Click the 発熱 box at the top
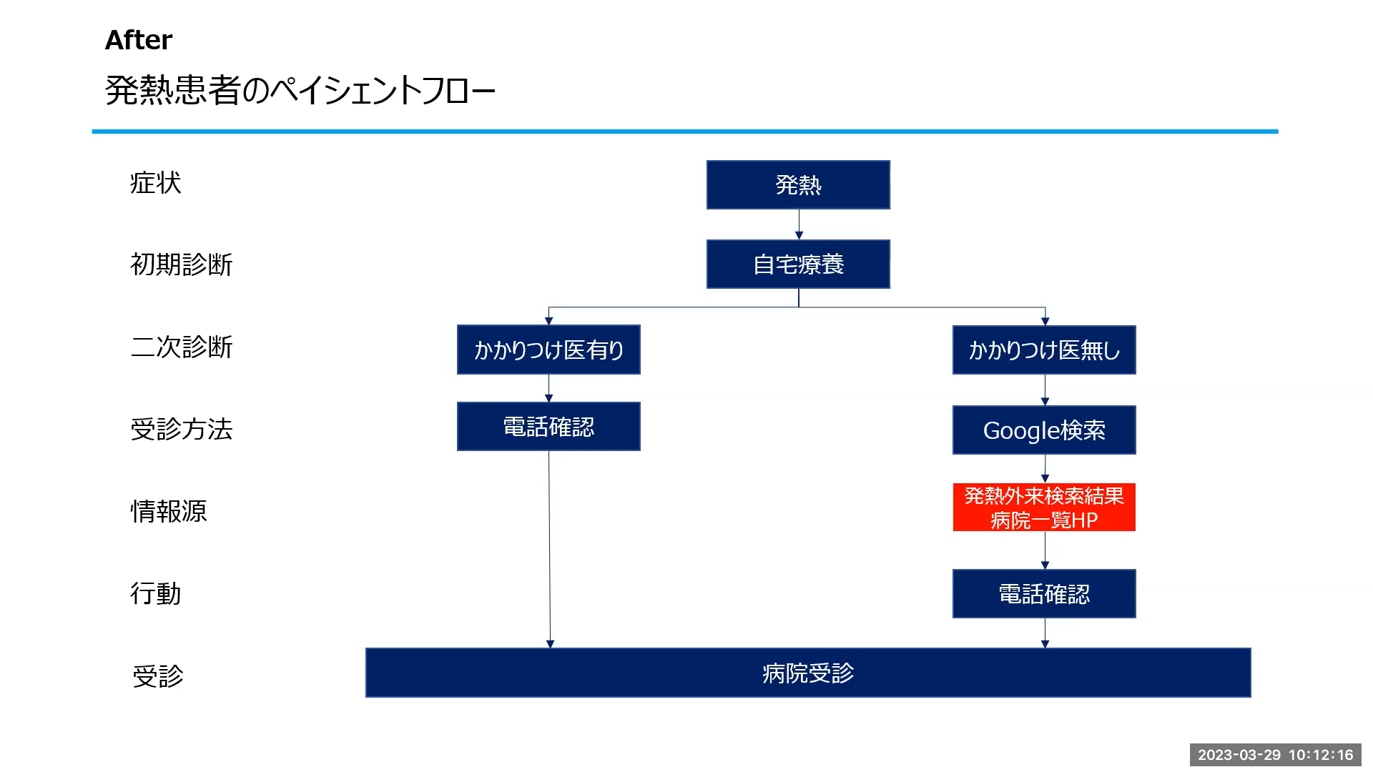798,184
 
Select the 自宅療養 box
798,264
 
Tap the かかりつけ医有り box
548,350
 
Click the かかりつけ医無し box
1044,350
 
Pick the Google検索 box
1044,430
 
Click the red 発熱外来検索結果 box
1044,508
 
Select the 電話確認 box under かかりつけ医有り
548,427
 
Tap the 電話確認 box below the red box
1044,593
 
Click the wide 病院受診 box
808,673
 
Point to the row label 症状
156,183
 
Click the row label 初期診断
182,264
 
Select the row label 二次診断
182,347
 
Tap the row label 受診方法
182,429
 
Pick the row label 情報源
169,511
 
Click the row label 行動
156,593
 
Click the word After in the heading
139,40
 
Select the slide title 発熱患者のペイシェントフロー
300,91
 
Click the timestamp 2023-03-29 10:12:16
1276,755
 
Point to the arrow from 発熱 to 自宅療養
799,224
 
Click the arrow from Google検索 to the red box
1045,469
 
